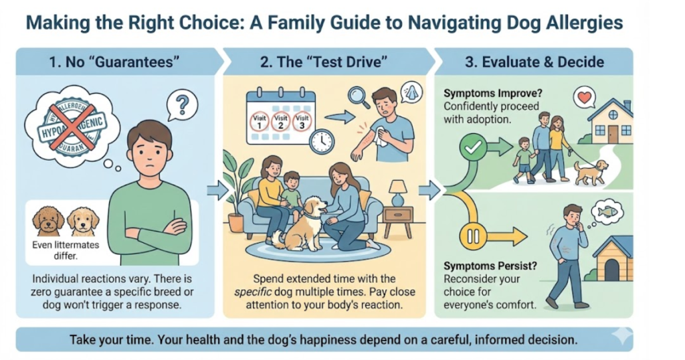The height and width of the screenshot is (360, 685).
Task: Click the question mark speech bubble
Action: coord(182,106)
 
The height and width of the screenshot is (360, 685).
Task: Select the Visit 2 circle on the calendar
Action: coord(280,122)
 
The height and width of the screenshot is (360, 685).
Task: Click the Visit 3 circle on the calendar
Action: coord(302,122)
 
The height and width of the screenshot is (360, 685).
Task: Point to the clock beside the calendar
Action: coord(322,141)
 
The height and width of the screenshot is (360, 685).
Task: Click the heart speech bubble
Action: coord(585,98)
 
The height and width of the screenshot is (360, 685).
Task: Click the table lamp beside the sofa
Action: coord(397,192)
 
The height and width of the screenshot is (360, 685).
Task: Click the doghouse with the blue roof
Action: coord(614,256)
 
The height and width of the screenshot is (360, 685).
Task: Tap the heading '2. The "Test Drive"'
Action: coord(324,62)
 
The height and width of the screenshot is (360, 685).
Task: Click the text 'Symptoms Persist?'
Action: coord(490,266)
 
